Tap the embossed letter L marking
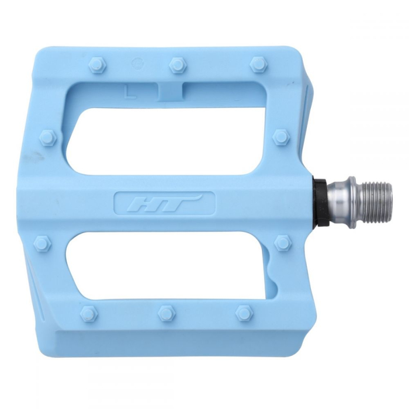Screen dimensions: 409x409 coord(131,91)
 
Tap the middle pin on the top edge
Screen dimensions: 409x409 coord(178,64)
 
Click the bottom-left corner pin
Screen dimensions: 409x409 coord(89,314)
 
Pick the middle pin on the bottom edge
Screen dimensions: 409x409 coord(167,313)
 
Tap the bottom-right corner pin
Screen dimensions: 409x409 coord(244,313)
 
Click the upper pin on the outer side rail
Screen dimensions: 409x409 coord(48,138)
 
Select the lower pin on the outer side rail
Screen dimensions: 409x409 coord(43,243)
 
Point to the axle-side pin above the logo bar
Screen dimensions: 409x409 coord(281,137)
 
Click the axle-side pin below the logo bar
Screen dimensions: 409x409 coord(283,242)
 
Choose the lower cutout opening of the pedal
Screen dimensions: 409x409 coord(169,266)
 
